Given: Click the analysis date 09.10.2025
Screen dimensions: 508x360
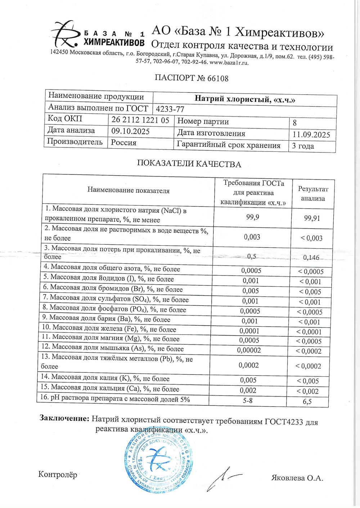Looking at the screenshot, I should click(x=130, y=131).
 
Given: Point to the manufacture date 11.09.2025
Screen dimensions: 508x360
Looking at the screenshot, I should click(x=311, y=135).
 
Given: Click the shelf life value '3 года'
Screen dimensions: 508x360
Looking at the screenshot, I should click(x=303, y=146).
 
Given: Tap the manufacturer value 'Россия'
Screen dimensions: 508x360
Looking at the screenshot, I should click(x=123, y=143).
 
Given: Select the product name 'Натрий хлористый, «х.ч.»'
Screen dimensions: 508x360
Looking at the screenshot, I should click(x=245, y=99).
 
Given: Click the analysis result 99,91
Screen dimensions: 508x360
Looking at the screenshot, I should click(x=312, y=218).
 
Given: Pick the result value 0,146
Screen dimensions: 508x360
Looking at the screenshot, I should click(x=311, y=257).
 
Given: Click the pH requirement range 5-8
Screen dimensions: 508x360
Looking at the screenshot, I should click(x=248, y=400).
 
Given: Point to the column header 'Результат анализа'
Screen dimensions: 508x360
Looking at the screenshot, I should click(x=313, y=194).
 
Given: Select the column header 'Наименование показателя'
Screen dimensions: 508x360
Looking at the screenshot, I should click(x=128, y=191).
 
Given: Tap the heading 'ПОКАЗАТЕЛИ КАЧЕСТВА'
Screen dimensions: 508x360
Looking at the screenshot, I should click(x=189, y=164).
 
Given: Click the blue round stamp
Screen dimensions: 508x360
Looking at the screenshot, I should click(x=158, y=460).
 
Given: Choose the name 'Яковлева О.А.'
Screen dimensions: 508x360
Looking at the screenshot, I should click(x=297, y=478).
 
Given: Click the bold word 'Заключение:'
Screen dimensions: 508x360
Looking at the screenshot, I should click(x=64, y=418).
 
